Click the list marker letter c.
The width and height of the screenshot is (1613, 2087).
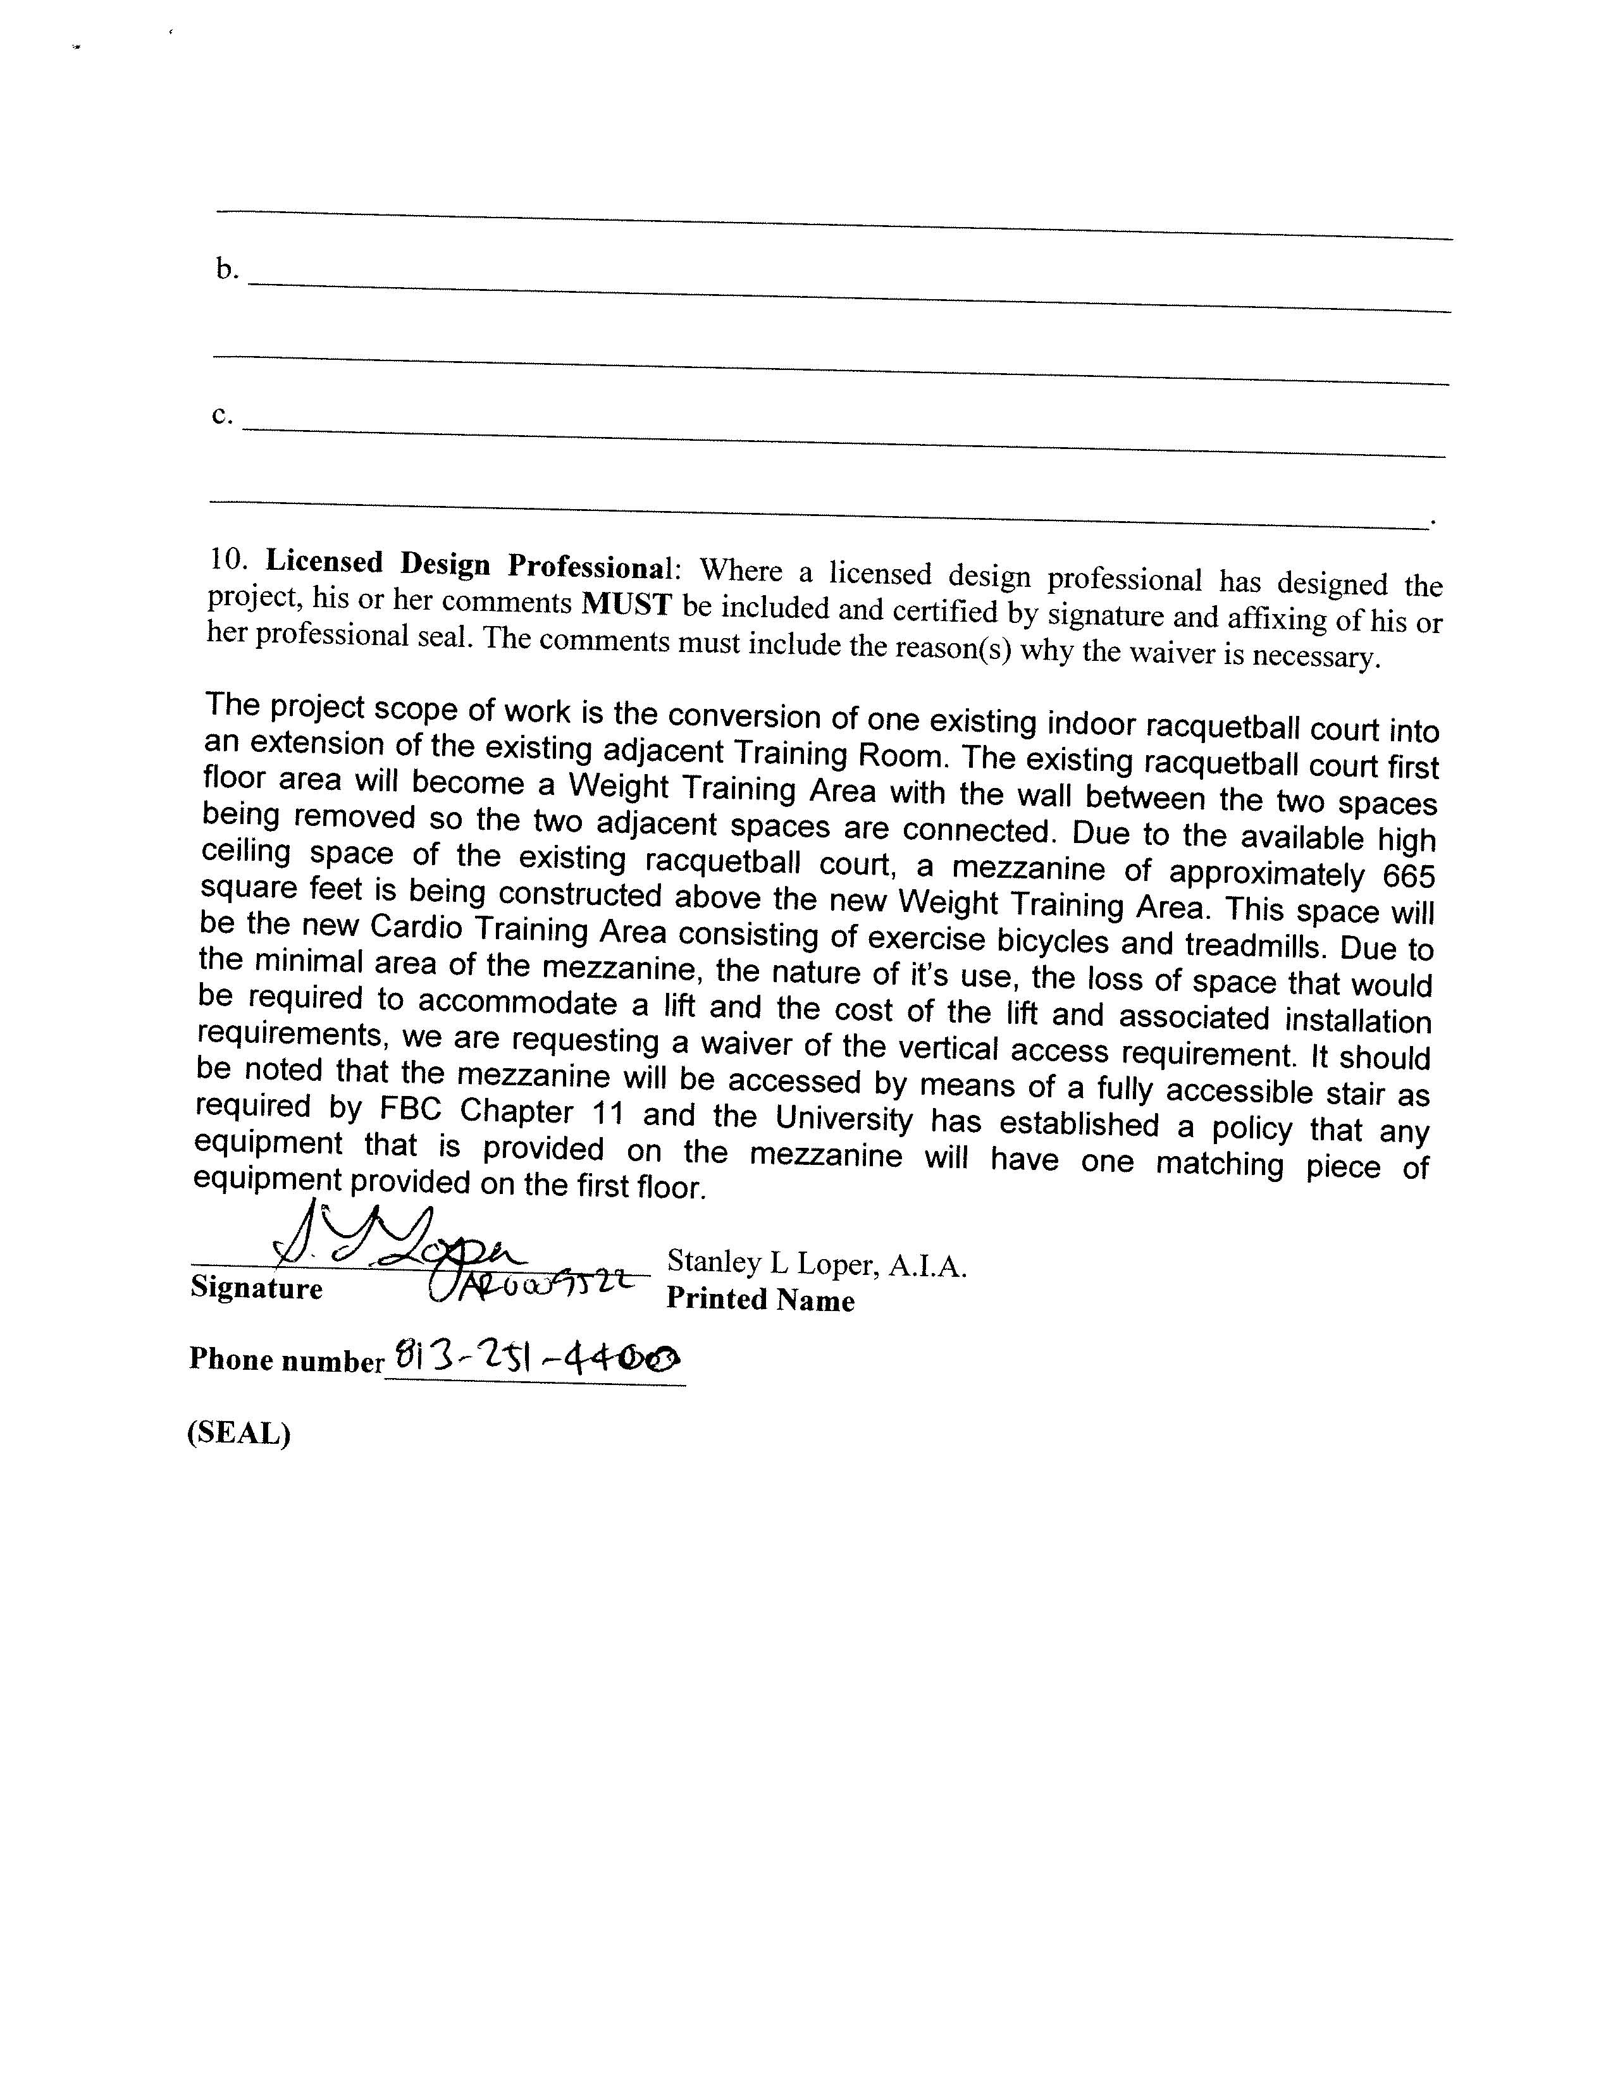point(221,415)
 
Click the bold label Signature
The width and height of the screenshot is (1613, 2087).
point(256,1288)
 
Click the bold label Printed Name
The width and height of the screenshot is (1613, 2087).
point(760,1300)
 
